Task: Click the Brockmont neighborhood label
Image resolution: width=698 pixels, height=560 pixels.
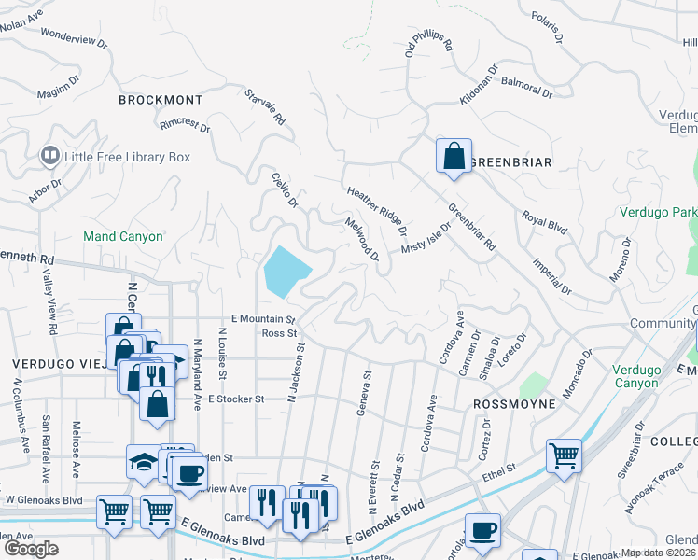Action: tap(161, 99)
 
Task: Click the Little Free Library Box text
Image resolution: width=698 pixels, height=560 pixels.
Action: tap(127, 157)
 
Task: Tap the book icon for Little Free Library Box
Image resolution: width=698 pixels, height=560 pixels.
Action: tap(49, 156)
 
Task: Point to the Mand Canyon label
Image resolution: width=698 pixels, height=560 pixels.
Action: tap(123, 236)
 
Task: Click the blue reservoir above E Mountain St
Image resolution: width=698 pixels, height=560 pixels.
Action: tap(285, 271)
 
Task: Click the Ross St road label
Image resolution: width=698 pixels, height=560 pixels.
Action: tap(279, 333)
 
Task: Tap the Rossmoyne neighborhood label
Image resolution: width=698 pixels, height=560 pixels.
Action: tap(514, 404)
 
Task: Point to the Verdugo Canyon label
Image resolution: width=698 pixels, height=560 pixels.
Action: tap(643, 374)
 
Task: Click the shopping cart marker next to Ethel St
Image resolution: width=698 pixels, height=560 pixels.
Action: tap(564, 456)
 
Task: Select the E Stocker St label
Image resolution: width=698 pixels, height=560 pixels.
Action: tap(236, 399)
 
